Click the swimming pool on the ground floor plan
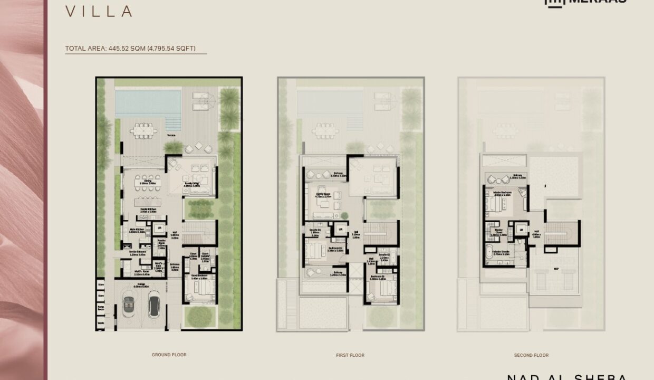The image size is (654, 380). (x=140, y=103)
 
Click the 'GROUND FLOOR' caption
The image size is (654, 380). (x=169, y=355)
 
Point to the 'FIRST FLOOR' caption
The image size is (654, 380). (x=350, y=355)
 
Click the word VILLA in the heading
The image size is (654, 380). (x=99, y=11)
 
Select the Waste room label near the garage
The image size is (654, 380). (x=101, y=322)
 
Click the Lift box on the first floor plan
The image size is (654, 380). (x=341, y=229)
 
